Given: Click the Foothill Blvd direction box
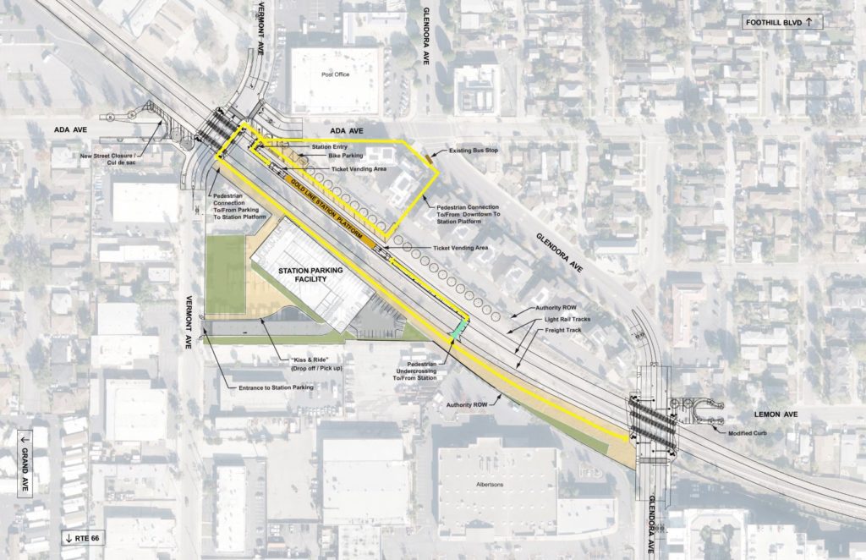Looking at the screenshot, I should click(x=783, y=23).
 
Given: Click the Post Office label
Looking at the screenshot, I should click(x=336, y=74).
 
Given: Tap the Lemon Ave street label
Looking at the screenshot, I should click(x=769, y=415).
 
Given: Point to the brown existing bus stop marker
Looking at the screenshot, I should click(x=430, y=155).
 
